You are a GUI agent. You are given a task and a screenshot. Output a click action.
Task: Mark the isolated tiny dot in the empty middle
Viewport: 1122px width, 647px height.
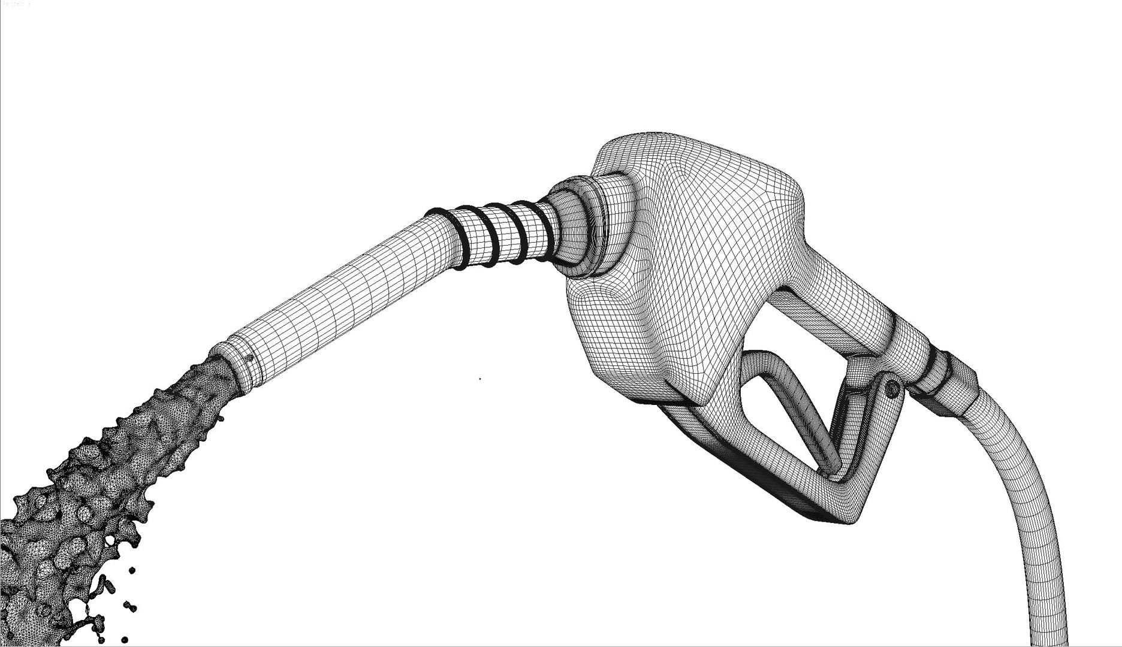click(479, 379)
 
